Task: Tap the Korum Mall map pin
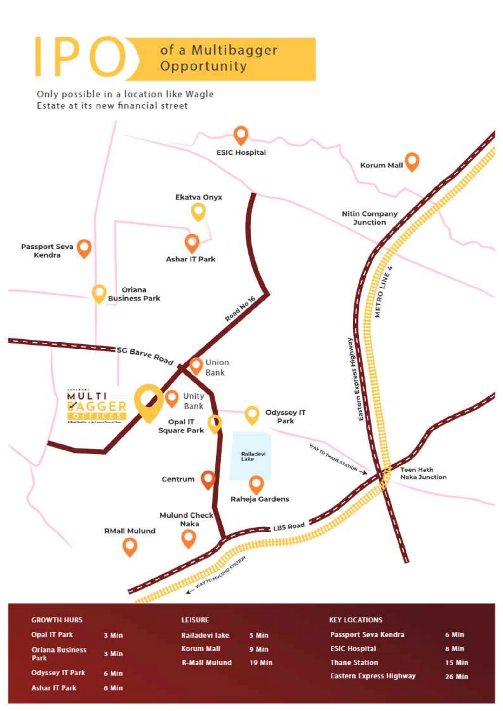(x=412, y=161)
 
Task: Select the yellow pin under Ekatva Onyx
(x=198, y=212)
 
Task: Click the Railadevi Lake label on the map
(x=253, y=457)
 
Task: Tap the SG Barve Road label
(x=145, y=356)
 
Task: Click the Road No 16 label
(x=240, y=309)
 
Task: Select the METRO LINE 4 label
(x=383, y=292)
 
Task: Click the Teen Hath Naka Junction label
(x=423, y=473)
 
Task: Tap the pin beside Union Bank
(x=196, y=365)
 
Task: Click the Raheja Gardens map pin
(x=256, y=484)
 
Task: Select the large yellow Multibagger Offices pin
(x=149, y=402)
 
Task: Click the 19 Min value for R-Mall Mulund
(x=261, y=662)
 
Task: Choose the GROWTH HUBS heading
(x=57, y=620)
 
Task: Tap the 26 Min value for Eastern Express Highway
(x=456, y=676)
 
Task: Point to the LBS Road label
(x=289, y=526)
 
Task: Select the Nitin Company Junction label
(x=369, y=218)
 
